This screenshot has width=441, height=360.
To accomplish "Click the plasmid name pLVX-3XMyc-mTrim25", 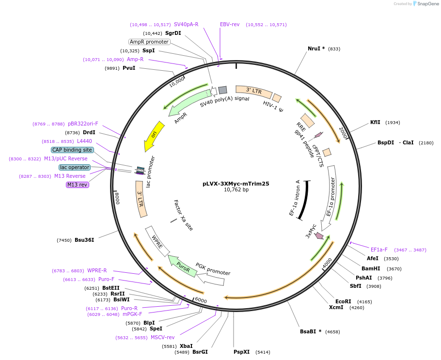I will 236,184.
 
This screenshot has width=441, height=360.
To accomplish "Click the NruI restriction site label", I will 316,48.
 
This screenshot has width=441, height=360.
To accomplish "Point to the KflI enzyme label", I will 375,122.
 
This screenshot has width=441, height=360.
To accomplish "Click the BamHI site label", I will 371,268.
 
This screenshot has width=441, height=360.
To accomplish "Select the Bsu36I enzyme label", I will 84,240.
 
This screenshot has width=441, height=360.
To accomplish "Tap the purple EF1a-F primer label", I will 379,250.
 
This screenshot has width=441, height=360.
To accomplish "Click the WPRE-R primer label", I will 97,270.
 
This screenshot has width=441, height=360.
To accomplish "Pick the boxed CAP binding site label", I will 72,150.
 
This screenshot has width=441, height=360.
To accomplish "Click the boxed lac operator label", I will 75,167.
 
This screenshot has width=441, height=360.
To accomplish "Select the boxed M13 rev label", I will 78,185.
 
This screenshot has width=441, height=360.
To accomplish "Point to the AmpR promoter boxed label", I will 149,42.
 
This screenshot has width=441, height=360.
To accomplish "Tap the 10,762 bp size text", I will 236,190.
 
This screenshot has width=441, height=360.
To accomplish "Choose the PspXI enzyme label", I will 241,352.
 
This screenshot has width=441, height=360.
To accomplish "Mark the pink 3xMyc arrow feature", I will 319,236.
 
